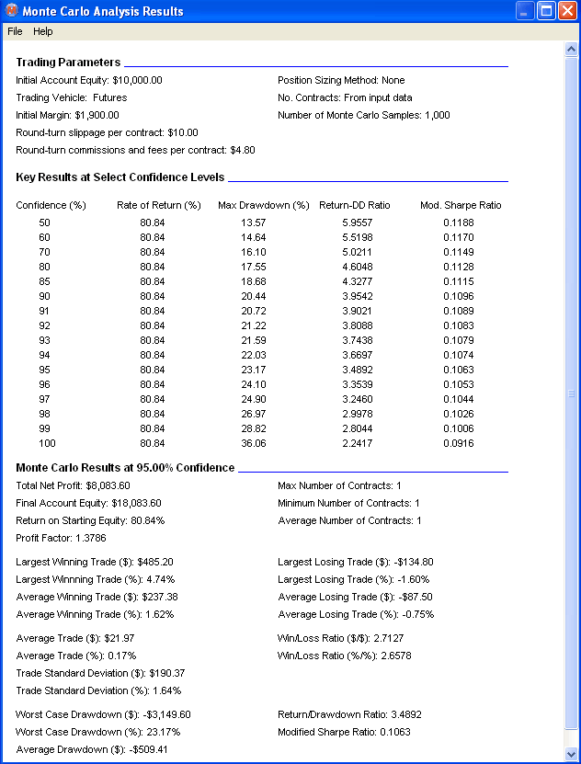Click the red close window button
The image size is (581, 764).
[567, 12]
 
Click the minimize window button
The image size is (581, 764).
[525, 12]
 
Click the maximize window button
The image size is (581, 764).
[546, 12]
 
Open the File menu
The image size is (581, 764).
[15, 31]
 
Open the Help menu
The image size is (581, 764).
[43, 31]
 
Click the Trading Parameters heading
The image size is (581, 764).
[68, 63]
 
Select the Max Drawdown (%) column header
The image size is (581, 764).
[263, 205]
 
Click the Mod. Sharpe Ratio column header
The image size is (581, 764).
[461, 205]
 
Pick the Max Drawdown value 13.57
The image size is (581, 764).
[253, 222]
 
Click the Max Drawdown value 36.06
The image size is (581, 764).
[253, 443]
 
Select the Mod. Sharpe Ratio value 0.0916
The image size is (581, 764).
[459, 443]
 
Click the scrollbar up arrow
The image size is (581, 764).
[572, 48]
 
